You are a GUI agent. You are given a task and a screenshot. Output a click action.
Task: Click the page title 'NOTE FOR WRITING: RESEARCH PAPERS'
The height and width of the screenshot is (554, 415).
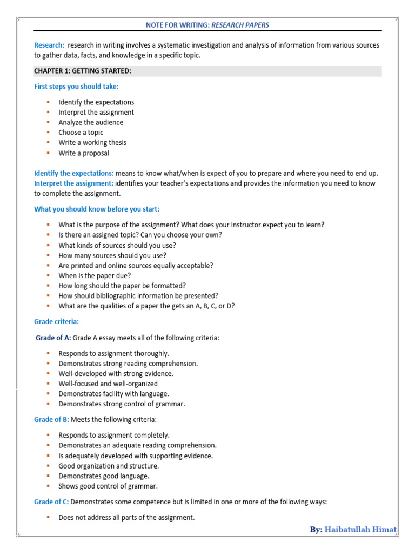(207, 25)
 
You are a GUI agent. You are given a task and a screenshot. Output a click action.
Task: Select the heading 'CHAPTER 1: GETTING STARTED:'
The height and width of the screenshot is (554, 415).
(83, 71)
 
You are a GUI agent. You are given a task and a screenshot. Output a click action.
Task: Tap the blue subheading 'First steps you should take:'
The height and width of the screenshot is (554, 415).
(76, 87)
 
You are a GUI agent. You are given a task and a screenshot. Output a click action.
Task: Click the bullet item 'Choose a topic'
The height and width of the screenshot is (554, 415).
(81, 133)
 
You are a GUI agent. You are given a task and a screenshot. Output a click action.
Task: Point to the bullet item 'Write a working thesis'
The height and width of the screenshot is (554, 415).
(92, 143)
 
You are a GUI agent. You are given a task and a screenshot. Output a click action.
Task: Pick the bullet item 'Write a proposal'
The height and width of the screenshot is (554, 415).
(84, 153)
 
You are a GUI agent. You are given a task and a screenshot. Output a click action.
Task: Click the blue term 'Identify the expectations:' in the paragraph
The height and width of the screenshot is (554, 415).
(73, 173)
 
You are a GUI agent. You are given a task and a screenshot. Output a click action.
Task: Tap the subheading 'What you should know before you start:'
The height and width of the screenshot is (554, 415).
(97, 209)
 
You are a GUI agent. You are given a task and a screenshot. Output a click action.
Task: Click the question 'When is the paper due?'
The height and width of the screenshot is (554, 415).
(95, 275)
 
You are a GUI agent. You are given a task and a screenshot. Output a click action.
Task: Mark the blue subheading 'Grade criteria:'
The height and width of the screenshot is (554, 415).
(56, 321)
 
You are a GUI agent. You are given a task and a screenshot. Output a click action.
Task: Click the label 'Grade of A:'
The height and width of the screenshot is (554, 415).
(53, 338)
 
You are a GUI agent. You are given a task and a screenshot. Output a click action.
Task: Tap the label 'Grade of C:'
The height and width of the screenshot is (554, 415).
(52, 502)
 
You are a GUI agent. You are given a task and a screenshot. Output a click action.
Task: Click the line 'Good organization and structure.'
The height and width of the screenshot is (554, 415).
(109, 466)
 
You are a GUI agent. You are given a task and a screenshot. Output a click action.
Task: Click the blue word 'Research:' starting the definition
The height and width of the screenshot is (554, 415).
(49, 45)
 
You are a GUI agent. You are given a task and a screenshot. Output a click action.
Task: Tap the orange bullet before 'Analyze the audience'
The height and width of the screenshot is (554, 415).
(48, 122)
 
